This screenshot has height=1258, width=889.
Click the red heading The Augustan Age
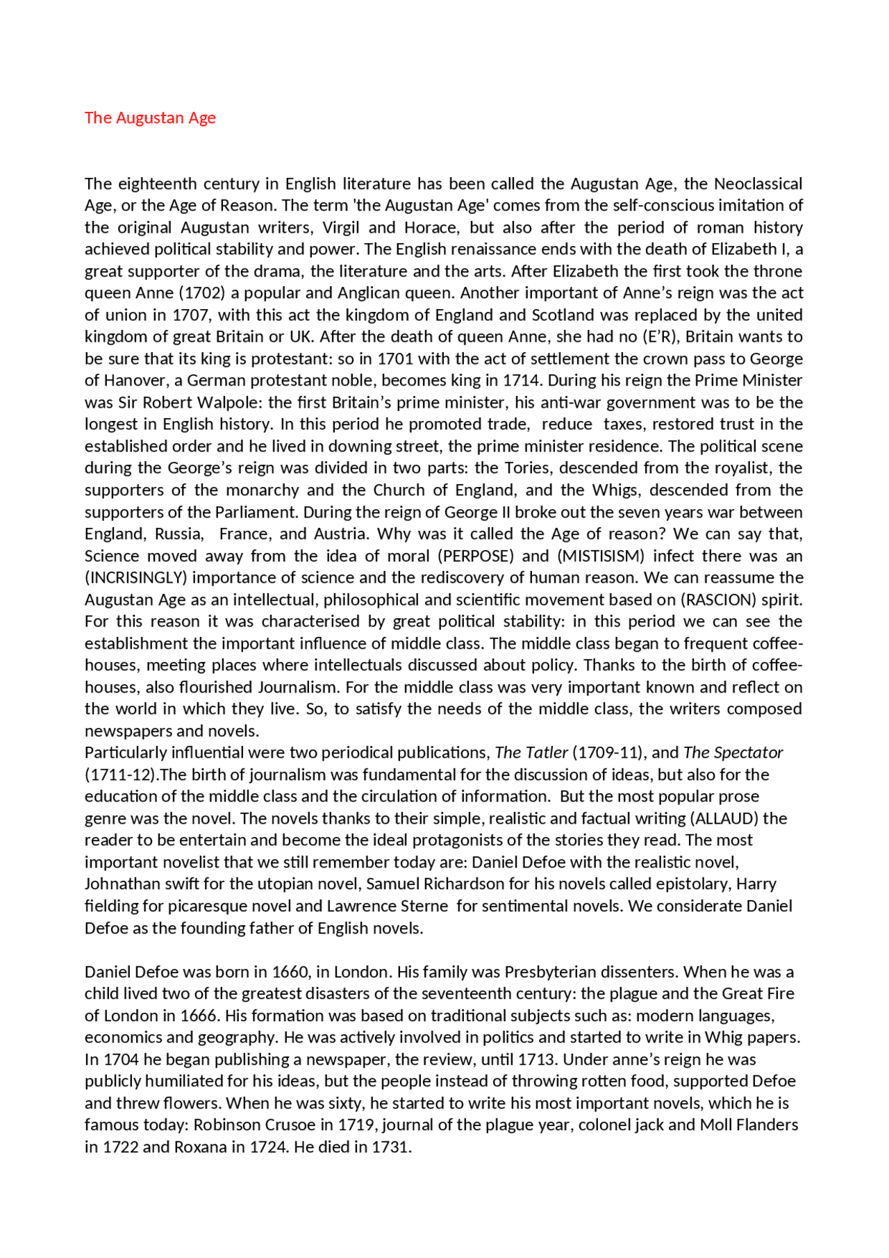(x=150, y=118)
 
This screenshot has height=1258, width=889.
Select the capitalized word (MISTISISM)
(x=601, y=556)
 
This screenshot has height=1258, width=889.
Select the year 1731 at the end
(x=391, y=1148)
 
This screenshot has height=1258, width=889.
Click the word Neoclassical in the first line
(x=758, y=184)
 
